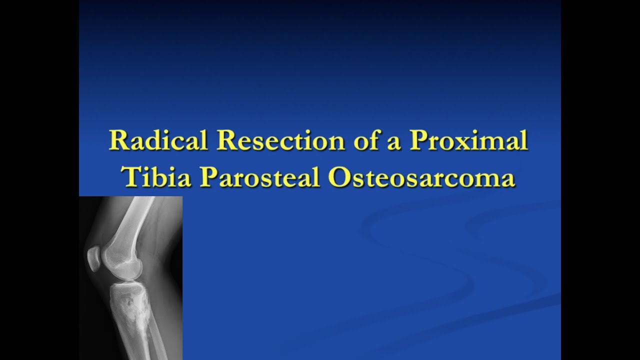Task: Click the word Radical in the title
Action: coord(158,141)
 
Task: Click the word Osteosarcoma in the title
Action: coord(421,178)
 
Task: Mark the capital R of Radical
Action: coord(117,141)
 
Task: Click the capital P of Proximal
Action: coord(418,141)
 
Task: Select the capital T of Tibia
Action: coord(131,178)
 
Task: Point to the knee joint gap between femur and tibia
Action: coord(122,280)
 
